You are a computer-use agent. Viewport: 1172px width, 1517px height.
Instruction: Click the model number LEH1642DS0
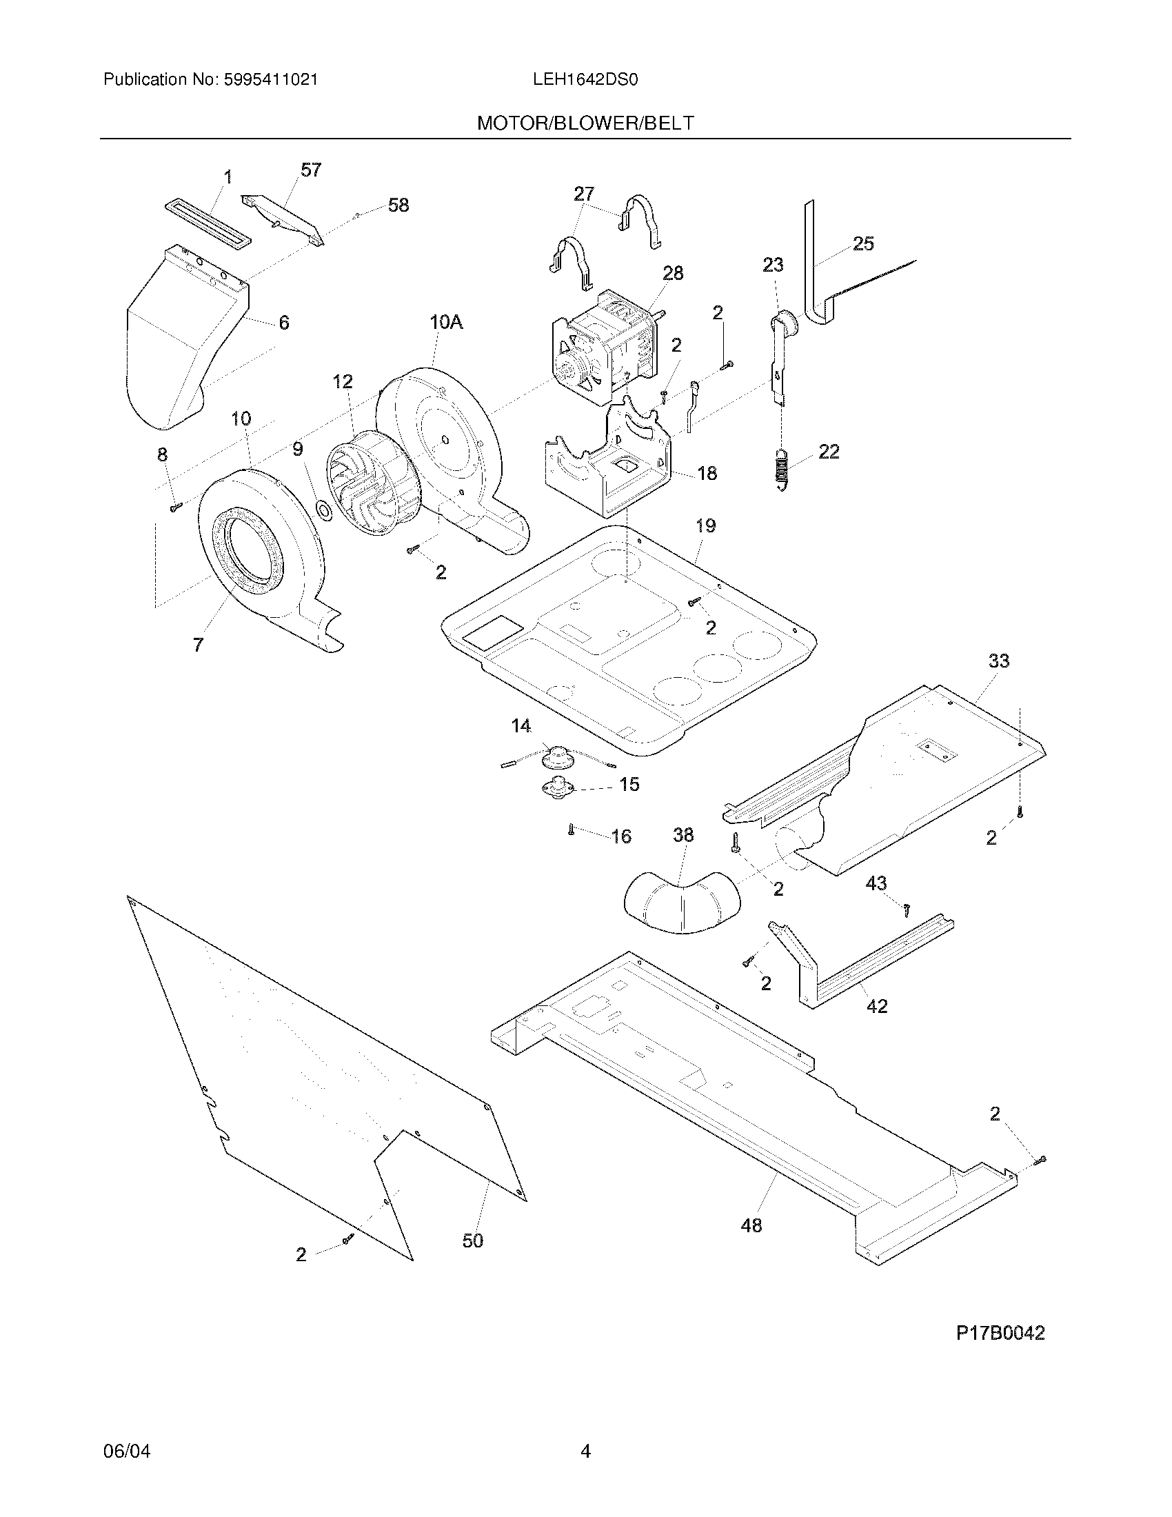[585, 80]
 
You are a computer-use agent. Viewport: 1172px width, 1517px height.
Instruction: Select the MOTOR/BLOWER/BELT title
[585, 123]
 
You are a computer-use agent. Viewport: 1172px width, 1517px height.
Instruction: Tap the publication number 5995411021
[271, 80]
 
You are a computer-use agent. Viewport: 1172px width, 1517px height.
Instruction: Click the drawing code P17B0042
[1000, 1333]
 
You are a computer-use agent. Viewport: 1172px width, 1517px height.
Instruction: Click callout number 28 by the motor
[672, 274]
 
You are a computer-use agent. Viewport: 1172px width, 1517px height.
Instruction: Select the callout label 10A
[446, 322]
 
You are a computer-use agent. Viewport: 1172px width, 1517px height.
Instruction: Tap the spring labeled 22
[782, 468]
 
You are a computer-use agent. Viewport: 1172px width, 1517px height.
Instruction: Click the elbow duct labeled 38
[683, 901]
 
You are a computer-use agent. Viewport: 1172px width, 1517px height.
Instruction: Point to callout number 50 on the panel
[473, 1240]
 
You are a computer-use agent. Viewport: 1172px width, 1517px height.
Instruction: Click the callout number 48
[751, 1225]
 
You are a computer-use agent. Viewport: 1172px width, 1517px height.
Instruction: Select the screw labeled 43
[907, 908]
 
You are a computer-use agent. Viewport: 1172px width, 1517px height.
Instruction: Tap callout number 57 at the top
[311, 170]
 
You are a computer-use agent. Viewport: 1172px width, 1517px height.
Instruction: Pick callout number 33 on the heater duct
[998, 661]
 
